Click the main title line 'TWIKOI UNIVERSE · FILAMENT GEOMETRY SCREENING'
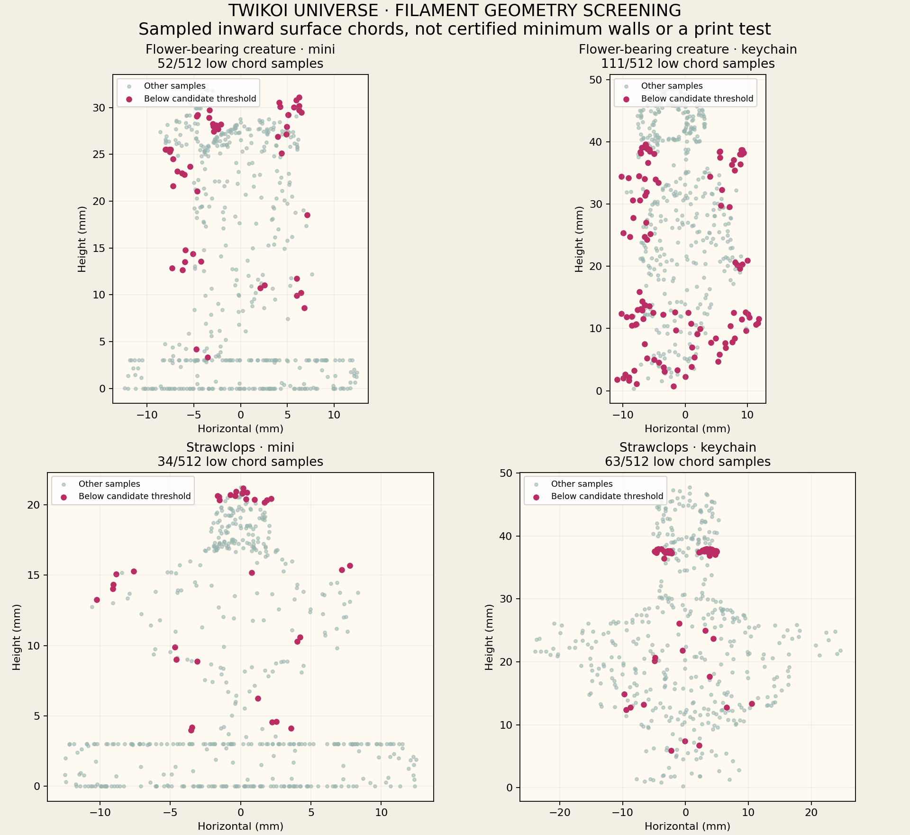(x=455, y=10)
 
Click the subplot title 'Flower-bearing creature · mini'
(x=240, y=49)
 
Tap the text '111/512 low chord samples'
(x=688, y=64)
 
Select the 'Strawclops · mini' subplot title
(x=240, y=447)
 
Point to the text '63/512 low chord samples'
(x=688, y=462)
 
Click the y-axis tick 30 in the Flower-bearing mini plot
(x=100, y=108)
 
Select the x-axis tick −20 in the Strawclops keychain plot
(x=559, y=812)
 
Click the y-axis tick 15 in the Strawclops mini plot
(x=34, y=575)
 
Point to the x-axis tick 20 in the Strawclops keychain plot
(x=811, y=812)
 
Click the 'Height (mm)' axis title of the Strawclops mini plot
(x=17, y=637)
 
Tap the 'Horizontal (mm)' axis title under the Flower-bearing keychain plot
(x=688, y=429)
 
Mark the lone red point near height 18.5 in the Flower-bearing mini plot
(x=307, y=215)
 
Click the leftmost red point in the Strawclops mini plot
(x=97, y=600)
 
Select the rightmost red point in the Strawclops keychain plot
(x=752, y=704)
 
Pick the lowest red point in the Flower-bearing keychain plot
(x=673, y=386)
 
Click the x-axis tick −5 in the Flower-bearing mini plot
(x=194, y=415)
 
